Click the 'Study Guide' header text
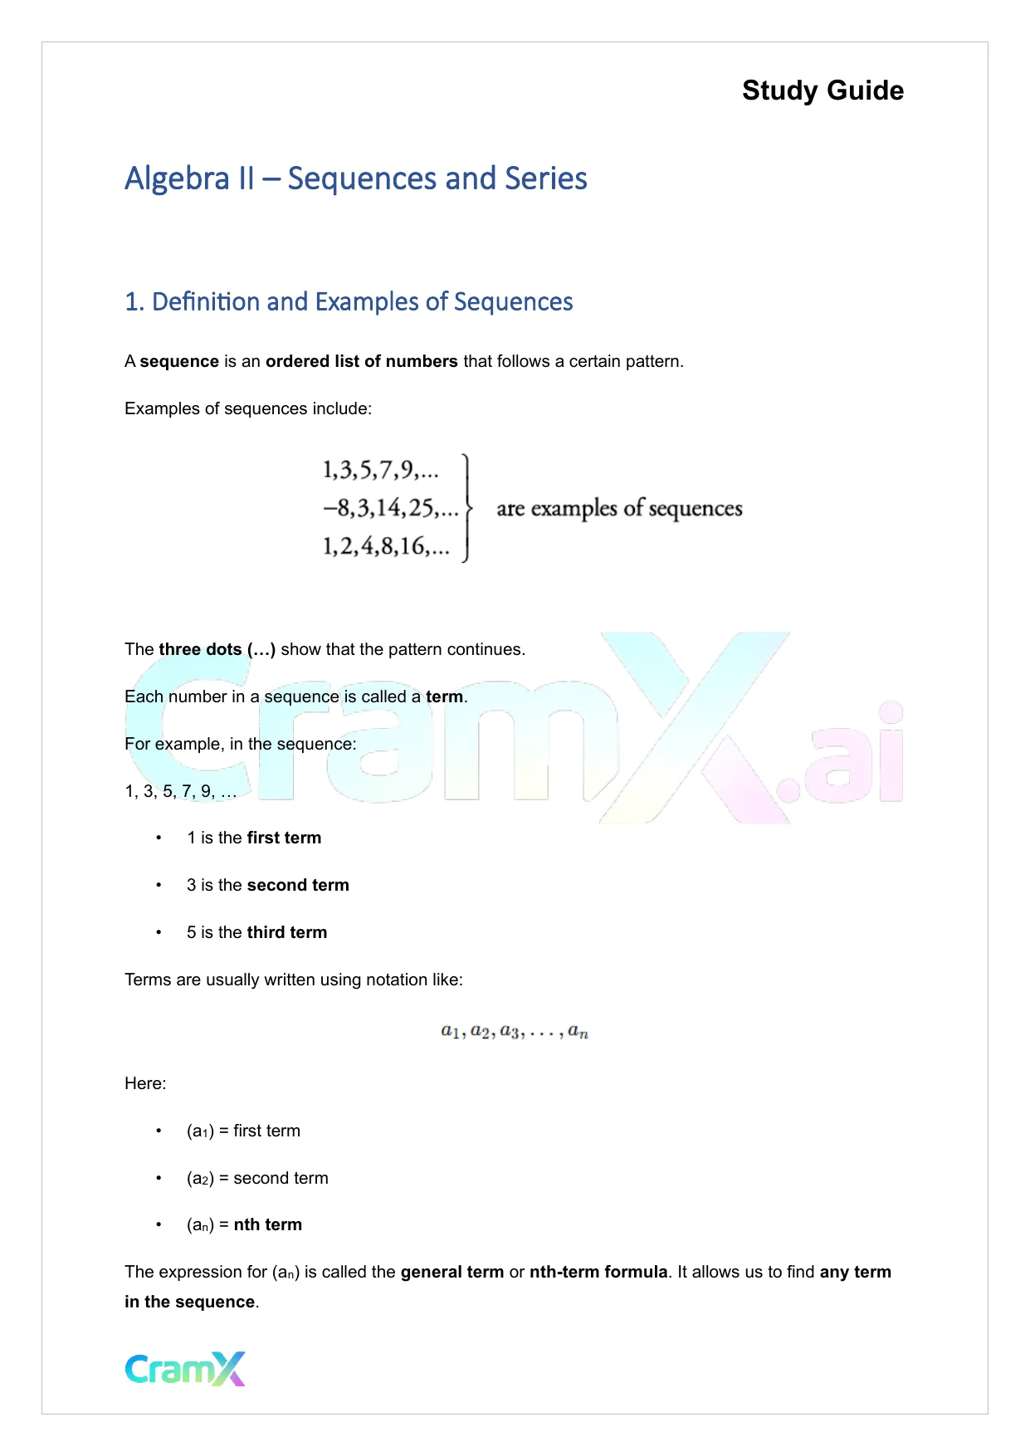(x=823, y=90)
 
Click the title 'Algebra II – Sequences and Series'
(x=356, y=178)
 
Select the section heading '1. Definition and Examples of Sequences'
(x=349, y=301)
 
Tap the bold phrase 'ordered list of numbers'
(x=361, y=361)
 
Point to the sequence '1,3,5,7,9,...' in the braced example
(x=380, y=471)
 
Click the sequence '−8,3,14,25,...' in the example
(x=390, y=508)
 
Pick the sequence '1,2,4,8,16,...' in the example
(x=386, y=546)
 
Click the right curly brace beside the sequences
(x=467, y=508)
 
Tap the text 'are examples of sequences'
(x=619, y=508)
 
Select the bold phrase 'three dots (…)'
(x=217, y=649)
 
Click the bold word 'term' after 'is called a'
(x=444, y=696)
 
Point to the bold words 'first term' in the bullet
(x=284, y=838)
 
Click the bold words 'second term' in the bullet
(x=298, y=885)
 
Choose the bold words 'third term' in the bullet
(x=287, y=932)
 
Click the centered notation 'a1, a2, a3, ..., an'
(x=515, y=1032)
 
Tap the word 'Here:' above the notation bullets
(x=145, y=1083)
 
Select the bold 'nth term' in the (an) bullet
(x=267, y=1224)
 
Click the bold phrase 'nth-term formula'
(x=598, y=1272)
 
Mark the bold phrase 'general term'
(x=452, y=1272)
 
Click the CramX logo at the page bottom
(x=185, y=1369)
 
